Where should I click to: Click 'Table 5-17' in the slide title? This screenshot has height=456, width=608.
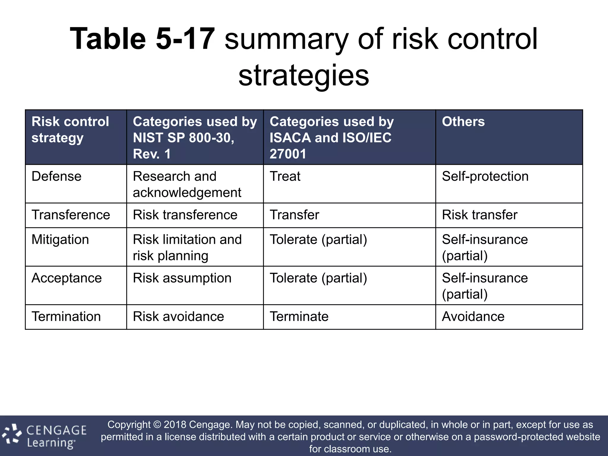pyautogui.click(x=142, y=39)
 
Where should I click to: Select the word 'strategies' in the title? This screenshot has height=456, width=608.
pyautogui.click(x=304, y=75)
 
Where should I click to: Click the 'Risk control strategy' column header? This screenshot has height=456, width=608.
pyautogui.click(x=70, y=129)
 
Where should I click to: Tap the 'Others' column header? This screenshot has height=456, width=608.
pyautogui.click(x=463, y=121)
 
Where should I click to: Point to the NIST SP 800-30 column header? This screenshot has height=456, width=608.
pyautogui.click(x=195, y=137)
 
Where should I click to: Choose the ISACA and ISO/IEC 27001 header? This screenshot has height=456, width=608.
pyautogui.click(x=331, y=137)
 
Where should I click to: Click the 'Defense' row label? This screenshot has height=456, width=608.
pyautogui.click(x=56, y=176)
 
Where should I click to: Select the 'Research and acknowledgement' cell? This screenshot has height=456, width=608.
pyautogui.click(x=187, y=184)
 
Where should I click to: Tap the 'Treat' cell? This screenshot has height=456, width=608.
pyautogui.click(x=285, y=176)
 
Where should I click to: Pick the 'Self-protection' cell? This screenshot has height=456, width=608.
pyautogui.click(x=485, y=176)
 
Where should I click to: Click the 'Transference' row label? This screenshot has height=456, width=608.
pyautogui.click(x=71, y=215)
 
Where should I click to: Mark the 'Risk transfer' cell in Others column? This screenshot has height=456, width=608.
pyautogui.click(x=479, y=215)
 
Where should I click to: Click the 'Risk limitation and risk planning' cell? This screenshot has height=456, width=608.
pyautogui.click(x=187, y=247)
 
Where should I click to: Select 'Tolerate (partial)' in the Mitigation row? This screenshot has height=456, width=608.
pyautogui.click(x=318, y=240)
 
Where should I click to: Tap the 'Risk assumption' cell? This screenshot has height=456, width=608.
pyautogui.click(x=182, y=278)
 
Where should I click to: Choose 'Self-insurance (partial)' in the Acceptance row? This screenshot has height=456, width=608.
pyautogui.click(x=485, y=286)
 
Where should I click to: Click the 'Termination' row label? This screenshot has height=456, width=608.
pyautogui.click(x=66, y=316)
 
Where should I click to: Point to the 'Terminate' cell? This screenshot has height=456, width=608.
pyautogui.click(x=299, y=316)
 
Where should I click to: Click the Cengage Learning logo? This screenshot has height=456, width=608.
pyautogui.click(x=45, y=436)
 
